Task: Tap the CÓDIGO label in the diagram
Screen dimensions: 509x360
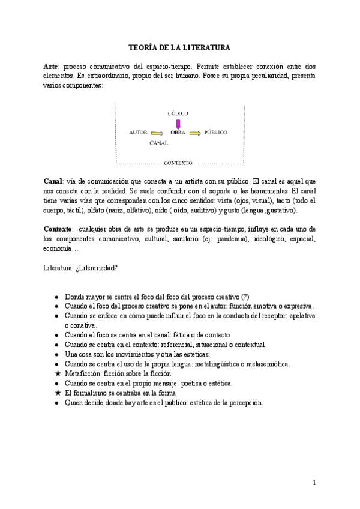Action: [178, 113]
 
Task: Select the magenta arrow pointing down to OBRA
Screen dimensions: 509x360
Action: [178, 124]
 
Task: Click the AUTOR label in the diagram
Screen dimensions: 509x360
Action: [138, 132]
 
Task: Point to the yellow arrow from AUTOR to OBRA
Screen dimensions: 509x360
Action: [157, 132]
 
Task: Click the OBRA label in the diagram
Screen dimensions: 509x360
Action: [178, 132]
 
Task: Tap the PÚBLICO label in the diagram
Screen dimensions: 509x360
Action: [215, 132]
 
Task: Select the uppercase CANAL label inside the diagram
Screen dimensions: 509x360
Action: [159, 143]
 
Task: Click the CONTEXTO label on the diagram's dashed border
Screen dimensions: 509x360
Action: [178, 163]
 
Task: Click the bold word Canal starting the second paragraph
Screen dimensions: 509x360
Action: [53, 181]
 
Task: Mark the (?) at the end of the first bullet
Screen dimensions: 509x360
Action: [245, 297]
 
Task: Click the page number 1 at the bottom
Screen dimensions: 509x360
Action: [313, 482]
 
